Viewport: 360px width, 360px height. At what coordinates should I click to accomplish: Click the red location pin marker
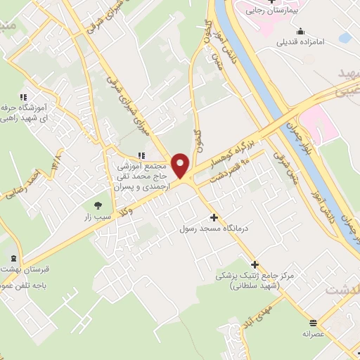(181, 165)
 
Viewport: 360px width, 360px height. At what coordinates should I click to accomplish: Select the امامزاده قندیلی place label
(301, 42)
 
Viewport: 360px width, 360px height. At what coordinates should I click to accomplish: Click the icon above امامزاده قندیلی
(301, 31)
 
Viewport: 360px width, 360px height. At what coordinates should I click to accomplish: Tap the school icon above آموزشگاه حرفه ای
(23, 97)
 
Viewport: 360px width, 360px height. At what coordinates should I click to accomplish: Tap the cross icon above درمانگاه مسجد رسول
(214, 217)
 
